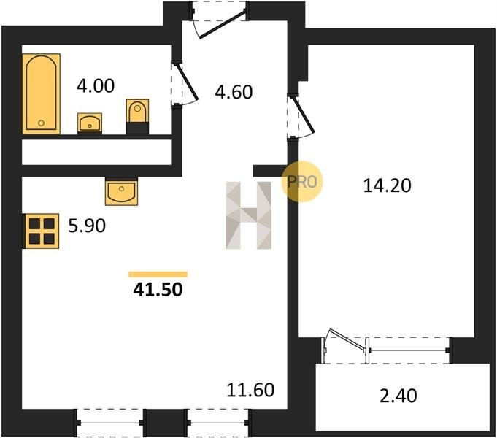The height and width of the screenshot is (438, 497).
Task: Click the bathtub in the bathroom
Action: click(x=41, y=93)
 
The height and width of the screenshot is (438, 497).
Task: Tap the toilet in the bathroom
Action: click(x=137, y=116)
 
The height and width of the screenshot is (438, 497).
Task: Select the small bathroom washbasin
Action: click(x=90, y=123)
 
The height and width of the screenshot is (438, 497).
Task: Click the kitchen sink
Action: click(x=121, y=191)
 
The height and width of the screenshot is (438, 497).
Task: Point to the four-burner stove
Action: click(x=41, y=231)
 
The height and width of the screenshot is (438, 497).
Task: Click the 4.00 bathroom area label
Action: click(x=96, y=86)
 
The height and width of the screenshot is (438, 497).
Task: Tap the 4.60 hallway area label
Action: click(x=234, y=92)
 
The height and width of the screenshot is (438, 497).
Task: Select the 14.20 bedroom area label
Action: click(x=387, y=185)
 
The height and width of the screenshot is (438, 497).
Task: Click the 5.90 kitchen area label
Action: click(x=87, y=226)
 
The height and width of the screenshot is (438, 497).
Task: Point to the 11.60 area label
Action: click(x=250, y=390)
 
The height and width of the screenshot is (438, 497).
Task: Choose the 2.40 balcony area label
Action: click(x=398, y=396)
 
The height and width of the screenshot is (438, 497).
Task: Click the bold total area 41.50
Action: click(x=158, y=290)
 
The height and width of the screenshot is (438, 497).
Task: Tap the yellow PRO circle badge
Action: click(x=301, y=182)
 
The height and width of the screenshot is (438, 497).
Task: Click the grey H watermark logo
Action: click(x=248, y=215)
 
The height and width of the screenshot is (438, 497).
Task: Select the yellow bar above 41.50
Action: click(x=158, y=274)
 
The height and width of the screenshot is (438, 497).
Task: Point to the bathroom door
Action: click(x=185, y=83)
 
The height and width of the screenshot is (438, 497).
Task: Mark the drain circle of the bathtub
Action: click(x=41, y=123)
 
